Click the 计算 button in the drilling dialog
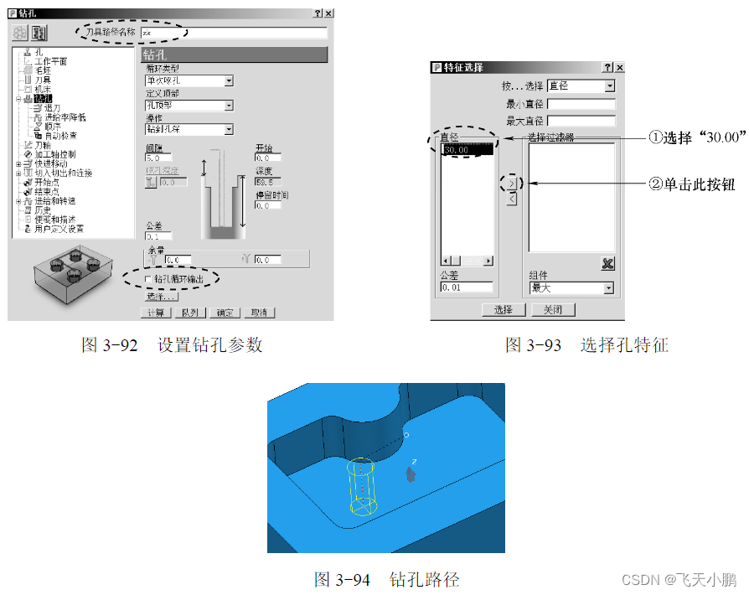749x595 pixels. [157, 313]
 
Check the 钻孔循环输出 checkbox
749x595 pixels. [149, 278]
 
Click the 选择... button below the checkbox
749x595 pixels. [161, 297]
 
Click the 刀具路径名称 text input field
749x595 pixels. [234, 33]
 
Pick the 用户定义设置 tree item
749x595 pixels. [59, 229]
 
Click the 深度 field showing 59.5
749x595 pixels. [268, 181]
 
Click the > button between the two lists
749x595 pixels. [512, 184]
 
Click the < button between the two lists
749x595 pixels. [512, 199]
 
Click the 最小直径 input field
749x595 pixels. [581, 105]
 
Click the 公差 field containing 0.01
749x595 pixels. [466, 288]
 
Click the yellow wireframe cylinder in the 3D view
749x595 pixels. [361, 486]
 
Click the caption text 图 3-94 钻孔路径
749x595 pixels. [386, 579]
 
